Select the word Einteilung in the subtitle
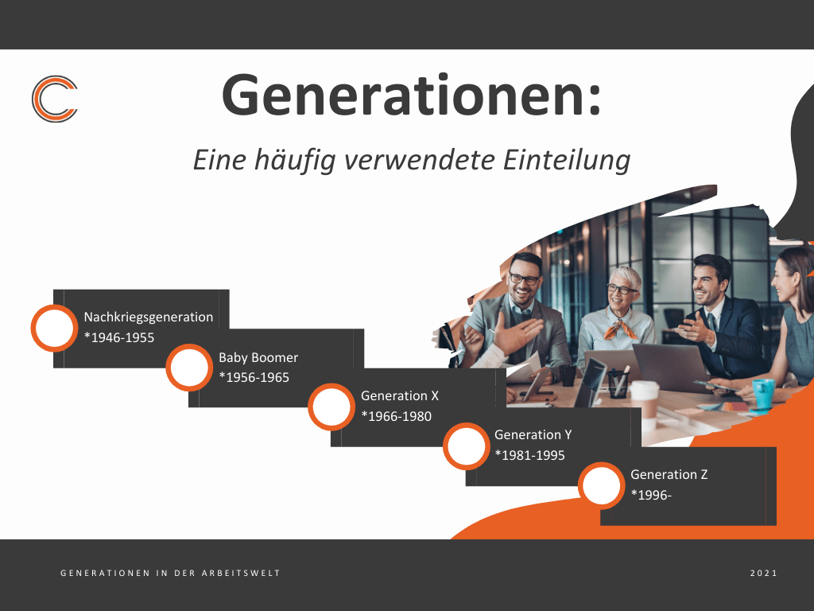coord(566,159)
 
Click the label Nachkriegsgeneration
coord(149,317)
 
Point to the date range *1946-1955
coord(119,337)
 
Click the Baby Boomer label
coord(258,357)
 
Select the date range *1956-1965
coord(254,377)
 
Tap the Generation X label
coord(400,396)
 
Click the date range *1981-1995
coord(529,455)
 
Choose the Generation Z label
coord(669,474)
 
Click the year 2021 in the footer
coord(764,573)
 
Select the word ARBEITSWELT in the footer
coord(241,573)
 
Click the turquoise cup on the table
coord(763,395)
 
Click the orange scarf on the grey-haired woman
coord(620,329)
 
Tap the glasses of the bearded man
coord(525,279)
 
